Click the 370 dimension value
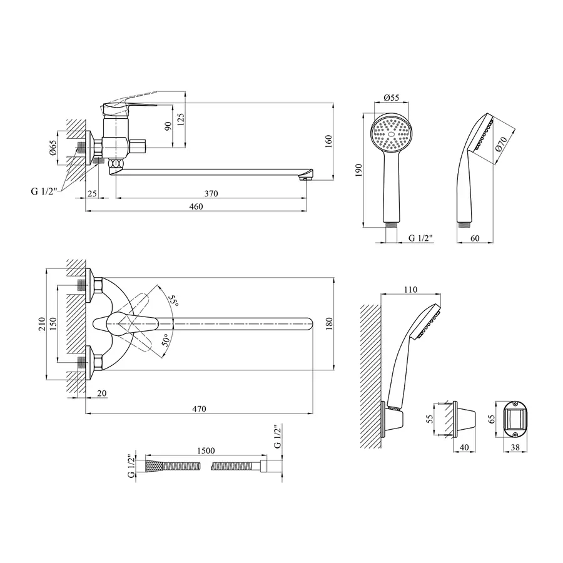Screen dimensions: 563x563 (x=211, y=193)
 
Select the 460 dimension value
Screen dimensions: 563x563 (x=196, y=207)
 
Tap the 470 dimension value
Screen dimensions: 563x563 (x=198, y=409)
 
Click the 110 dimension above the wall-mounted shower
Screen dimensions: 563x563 (x=410, y=290)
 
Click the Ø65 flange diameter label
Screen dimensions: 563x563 (x=53, y=149)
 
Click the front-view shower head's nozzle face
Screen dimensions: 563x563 (x=392, y=134)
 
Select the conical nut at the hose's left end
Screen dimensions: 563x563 (x=153, y=466)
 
